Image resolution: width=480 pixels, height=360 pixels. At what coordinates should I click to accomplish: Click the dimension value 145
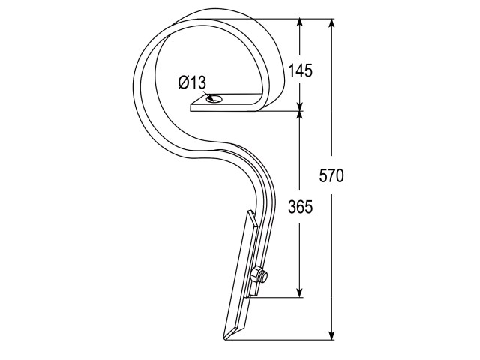pyautogui.click(x=301, y=70)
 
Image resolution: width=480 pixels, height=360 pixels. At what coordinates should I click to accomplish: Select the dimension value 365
pyautogui.click(x=300, y=207)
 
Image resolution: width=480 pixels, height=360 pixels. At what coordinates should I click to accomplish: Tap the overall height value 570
pyautogui.click(x=331, y=176)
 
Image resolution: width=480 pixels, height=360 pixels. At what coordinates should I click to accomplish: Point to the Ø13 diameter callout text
pyautogui.click(x=192, y=82)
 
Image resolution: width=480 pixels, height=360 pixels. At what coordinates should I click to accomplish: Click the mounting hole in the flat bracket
pyautogui.click(x=217, y=99)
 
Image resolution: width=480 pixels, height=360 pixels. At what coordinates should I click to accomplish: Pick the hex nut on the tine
pyautogui.click(x=256, y=275)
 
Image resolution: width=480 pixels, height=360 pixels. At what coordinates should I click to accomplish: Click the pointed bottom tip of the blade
pyautogui.click(x=225, y=338)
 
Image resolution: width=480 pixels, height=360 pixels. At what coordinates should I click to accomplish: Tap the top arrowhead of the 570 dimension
pyautogui.click(x=331, y=25)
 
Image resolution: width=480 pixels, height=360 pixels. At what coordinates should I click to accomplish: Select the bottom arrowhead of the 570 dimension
pyautogui.click(x=331, y=334)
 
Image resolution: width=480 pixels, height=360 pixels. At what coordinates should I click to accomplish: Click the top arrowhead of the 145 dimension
pyautogui.click(x=300, y=25)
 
